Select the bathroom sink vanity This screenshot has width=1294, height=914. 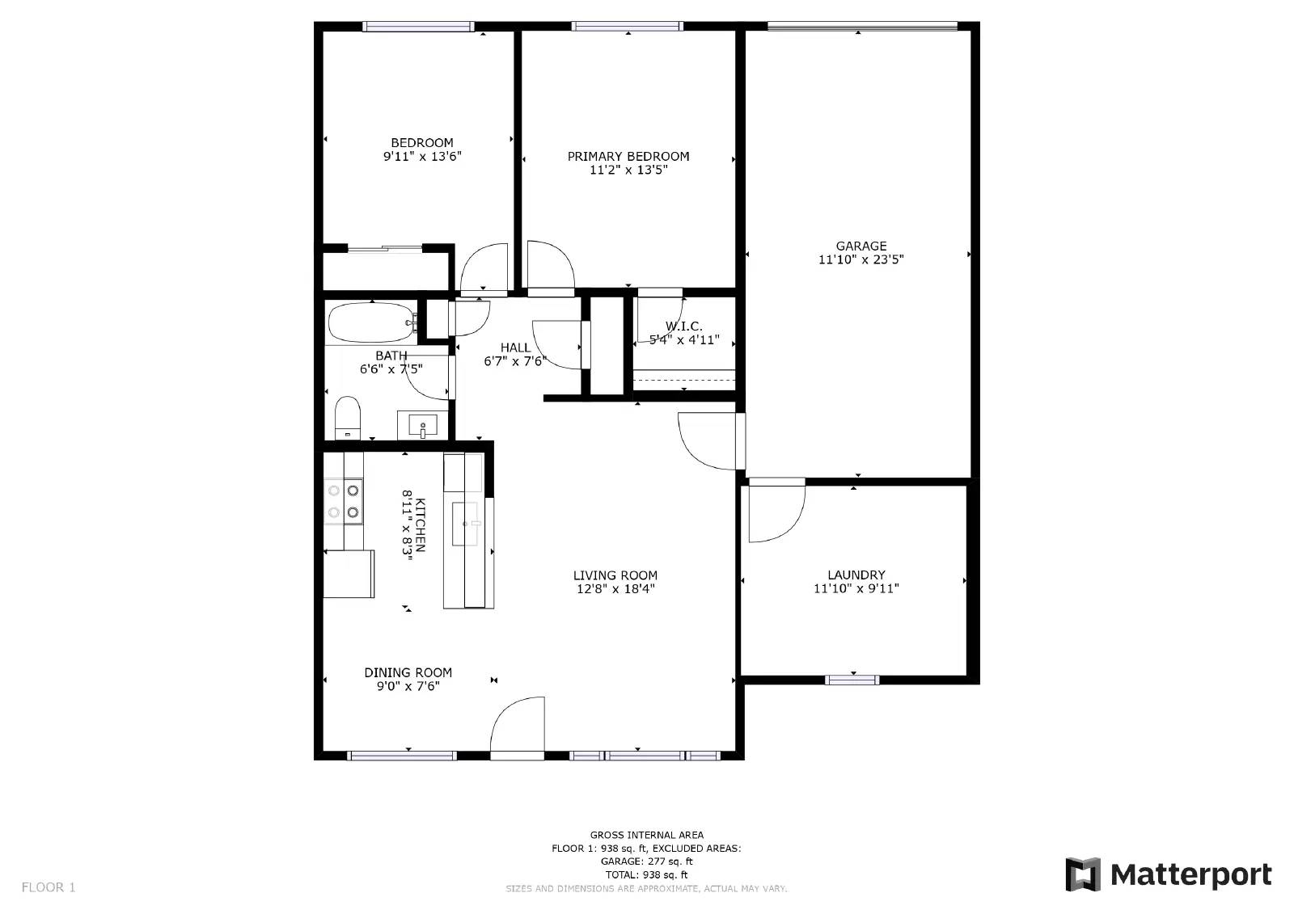click(x=422, y=425)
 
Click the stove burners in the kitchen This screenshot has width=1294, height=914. click(x=343, y=500)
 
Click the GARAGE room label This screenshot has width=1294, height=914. click(x=861, y=246)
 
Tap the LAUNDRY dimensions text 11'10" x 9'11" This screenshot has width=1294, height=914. click(x=856, y=589)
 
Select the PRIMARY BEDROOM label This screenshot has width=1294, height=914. click(x=628, y=157)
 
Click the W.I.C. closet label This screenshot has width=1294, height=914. click(x=683, y=326)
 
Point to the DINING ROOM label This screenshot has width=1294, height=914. click(x=408, y=672)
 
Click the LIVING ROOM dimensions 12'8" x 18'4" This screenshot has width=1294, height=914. click(x=615, y=589)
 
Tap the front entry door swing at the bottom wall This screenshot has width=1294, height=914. click(x=518, y=727)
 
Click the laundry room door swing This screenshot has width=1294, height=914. click(x=774, y=512)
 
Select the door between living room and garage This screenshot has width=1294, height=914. click(x=710, y=440)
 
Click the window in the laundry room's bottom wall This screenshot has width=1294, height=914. click(x=852, y=680)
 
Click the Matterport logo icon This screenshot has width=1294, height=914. click(x=1082, y=874)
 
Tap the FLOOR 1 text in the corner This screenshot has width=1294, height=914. click(x=49, y=887)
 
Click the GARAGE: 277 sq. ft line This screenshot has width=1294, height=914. click(x=646, y=861)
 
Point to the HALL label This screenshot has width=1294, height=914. click(x=515, y=348)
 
